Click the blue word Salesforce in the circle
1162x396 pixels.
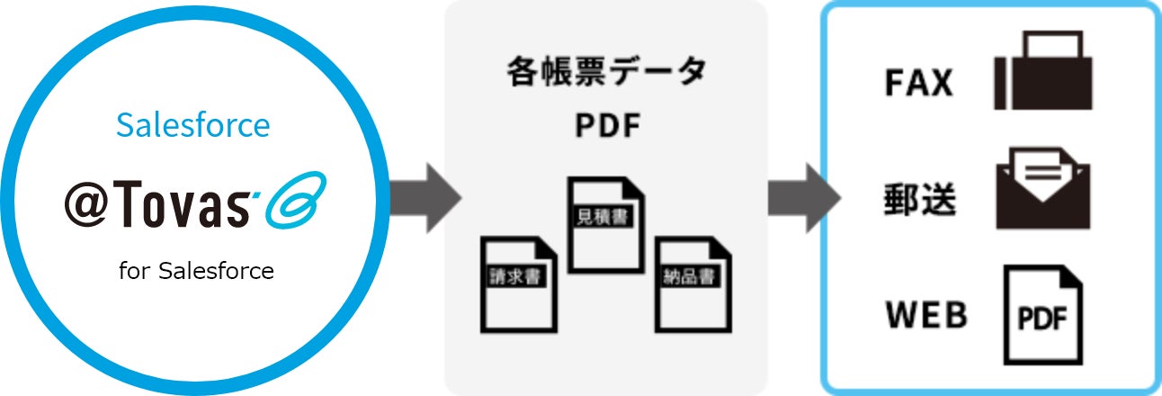click(192, 125)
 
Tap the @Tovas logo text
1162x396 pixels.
click(157, 206)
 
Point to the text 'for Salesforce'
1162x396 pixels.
click(196, 270)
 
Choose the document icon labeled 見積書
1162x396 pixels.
click(606, 224)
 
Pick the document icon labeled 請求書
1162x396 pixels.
click(518, 283)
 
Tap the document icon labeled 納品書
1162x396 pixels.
click(692, 283)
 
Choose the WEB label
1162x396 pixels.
click(926, 316)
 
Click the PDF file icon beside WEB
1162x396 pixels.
click(1042, 314)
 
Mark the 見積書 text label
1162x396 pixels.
click(601, 217)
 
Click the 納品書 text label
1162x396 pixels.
click(689, 276)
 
